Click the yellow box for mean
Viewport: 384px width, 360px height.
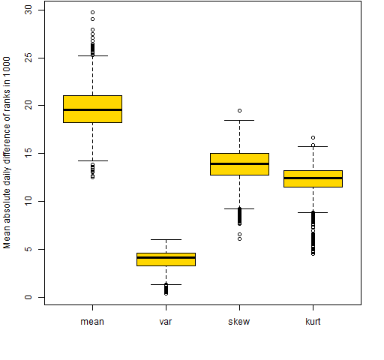92,109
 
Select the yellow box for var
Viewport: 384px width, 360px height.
166,259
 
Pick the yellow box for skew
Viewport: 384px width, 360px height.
239,164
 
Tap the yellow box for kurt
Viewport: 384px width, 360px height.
313,178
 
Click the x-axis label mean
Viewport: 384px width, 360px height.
92,322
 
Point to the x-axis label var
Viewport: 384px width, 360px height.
166,322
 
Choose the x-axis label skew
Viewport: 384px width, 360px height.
239,322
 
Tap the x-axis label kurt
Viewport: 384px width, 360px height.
313,322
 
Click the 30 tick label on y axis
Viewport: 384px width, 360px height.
28,10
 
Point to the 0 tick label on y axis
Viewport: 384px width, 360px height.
28,297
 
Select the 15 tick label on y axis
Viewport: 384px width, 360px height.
28,153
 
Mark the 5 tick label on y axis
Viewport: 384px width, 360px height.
28,249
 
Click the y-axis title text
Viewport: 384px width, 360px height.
7,152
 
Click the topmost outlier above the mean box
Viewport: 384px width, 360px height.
92,12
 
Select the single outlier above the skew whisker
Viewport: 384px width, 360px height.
239,110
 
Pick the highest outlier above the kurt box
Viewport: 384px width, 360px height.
313,137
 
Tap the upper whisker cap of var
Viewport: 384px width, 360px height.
166,239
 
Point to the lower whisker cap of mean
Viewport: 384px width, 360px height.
93,160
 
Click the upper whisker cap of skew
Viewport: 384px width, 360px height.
239,120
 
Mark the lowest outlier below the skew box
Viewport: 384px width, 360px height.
239,238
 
